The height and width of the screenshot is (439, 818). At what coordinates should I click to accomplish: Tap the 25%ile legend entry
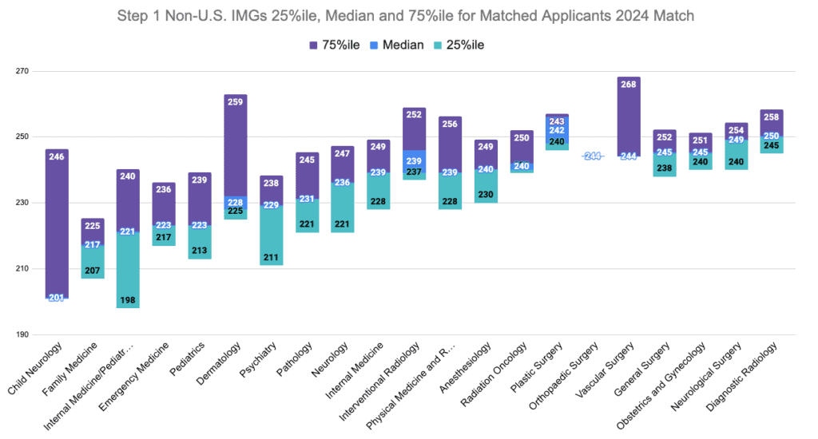point(459,45)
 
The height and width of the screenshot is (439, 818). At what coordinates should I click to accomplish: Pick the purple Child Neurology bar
point(57,223)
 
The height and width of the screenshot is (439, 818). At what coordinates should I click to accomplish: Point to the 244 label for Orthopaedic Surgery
point(593,156)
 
